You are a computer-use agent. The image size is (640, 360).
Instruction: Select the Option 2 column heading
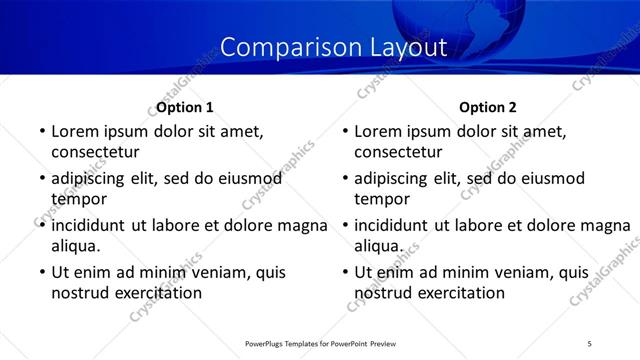tap(489, 107)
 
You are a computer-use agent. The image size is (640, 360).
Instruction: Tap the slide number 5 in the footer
tap(590, 344)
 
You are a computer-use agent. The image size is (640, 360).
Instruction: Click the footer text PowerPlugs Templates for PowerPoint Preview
tap(320, 344)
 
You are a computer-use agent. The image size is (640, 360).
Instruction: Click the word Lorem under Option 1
tap(75, 131)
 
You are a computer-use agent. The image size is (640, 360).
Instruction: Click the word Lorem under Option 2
tap(379, 131)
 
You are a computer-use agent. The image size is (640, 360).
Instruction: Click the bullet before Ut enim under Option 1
tap(41, 272)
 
